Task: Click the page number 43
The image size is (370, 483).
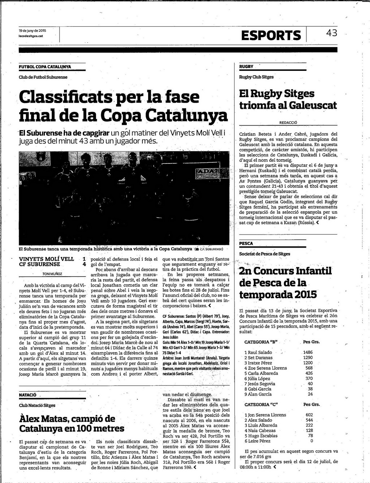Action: click(331, 33)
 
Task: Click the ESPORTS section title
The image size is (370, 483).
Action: click(271, 35)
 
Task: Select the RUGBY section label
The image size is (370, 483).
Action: click(246, 67)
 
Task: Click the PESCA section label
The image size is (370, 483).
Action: click(246, 244)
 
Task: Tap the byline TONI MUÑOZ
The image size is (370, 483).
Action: click(52, 274)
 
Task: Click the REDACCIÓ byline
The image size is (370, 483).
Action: click(288, 123)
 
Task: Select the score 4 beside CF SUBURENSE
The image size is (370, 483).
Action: click(84, 264)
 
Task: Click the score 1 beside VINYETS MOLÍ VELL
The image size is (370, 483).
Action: click(84, 259)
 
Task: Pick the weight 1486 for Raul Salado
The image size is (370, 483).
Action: click(308, 352)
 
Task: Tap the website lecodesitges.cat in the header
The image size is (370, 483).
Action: click(31, 36)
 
